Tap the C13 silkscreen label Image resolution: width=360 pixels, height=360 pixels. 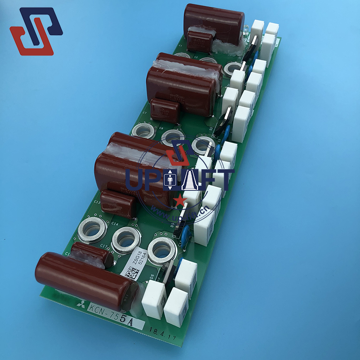click(x=97, y=203)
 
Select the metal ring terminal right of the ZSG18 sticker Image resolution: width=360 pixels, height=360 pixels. click(x=162, y=249)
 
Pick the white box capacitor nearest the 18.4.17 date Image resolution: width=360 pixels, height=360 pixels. click(x=176, y=306)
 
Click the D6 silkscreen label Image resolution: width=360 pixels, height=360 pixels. click(x=152, y=277)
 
